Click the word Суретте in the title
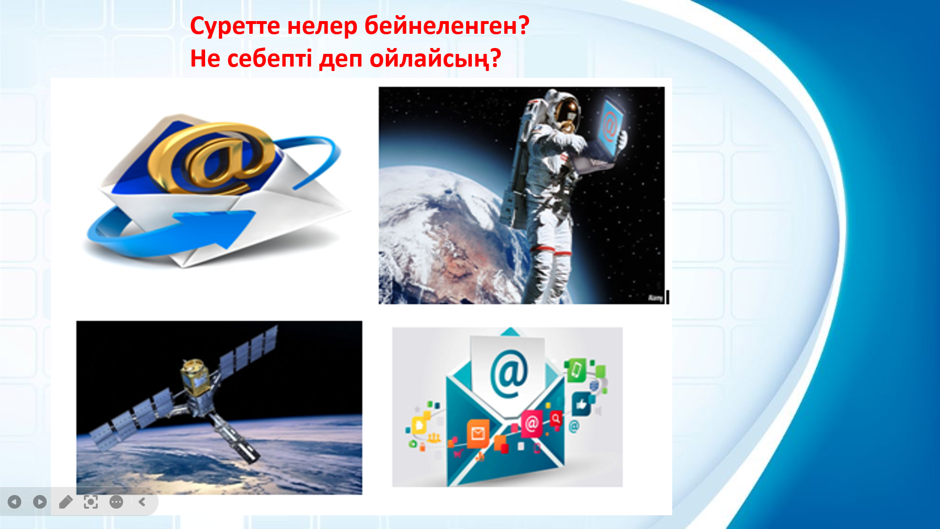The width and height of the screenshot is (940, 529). (235, 27)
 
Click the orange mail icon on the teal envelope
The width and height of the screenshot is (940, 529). (478, 433)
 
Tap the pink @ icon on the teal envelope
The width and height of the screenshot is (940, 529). (531, 423)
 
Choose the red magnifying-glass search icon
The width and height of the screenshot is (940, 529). (556, 419)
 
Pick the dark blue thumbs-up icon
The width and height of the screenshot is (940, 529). (582, 405)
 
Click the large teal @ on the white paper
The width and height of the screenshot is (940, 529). (509, 374)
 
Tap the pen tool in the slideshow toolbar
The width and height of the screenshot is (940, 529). (66, 502)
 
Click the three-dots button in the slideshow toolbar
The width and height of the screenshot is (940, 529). (117, 502)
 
